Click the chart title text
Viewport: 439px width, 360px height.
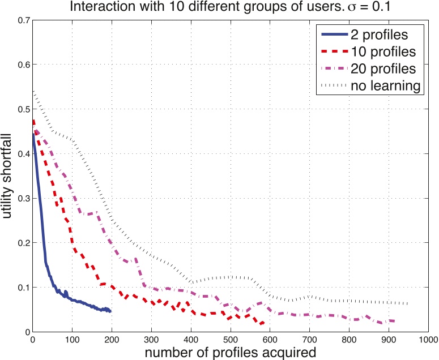223,7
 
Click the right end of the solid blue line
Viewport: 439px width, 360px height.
111,311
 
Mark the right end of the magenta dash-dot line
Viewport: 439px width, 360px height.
394,321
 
